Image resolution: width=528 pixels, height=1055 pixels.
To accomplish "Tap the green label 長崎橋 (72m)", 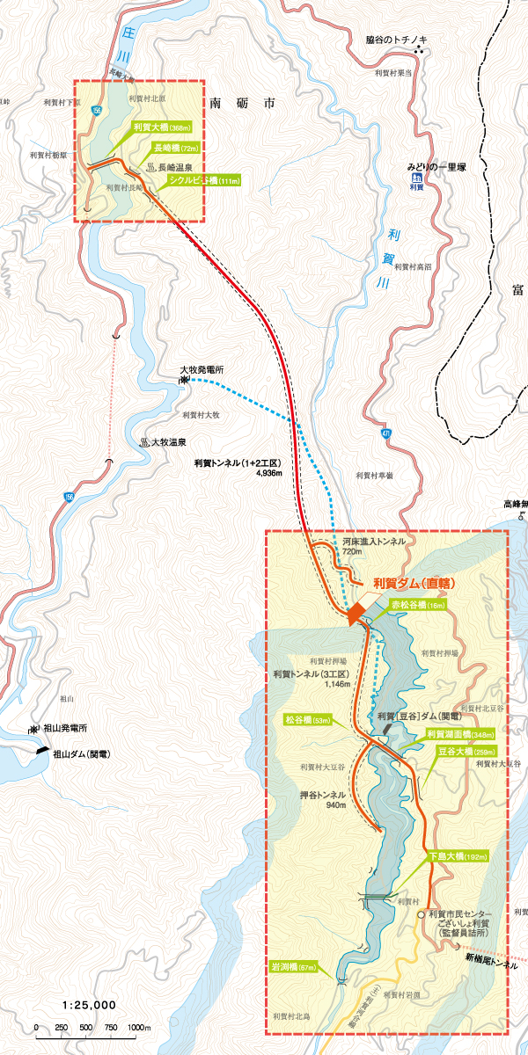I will click(176, 148).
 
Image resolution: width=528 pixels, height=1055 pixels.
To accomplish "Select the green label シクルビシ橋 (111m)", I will click(203, 181).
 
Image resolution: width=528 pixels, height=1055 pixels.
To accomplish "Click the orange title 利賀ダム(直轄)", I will click(413, 582).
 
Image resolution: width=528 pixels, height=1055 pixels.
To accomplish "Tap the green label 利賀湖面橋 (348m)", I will click(460, 734).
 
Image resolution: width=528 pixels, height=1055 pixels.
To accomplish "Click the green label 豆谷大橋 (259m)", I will click(466, 752).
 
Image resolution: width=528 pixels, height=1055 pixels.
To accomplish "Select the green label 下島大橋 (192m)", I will click(458, 856).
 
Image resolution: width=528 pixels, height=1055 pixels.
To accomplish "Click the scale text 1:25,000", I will click(89, 1004).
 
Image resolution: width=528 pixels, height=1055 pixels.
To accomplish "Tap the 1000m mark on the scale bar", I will click(138, 1028).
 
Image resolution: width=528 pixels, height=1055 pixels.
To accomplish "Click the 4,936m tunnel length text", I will click(268, 473).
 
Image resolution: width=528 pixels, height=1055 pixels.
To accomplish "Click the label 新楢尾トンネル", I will click(493, 964).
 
